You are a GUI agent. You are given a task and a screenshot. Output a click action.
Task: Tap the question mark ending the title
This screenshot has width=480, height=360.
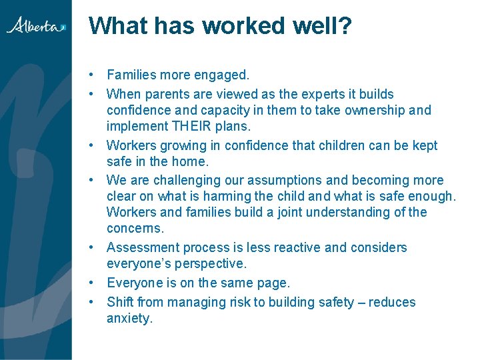[x=345, y=26]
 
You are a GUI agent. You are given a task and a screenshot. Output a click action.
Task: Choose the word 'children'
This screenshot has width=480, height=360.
[x=324, y=145]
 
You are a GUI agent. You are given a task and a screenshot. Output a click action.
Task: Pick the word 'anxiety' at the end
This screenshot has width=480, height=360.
[x=128, y=318]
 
